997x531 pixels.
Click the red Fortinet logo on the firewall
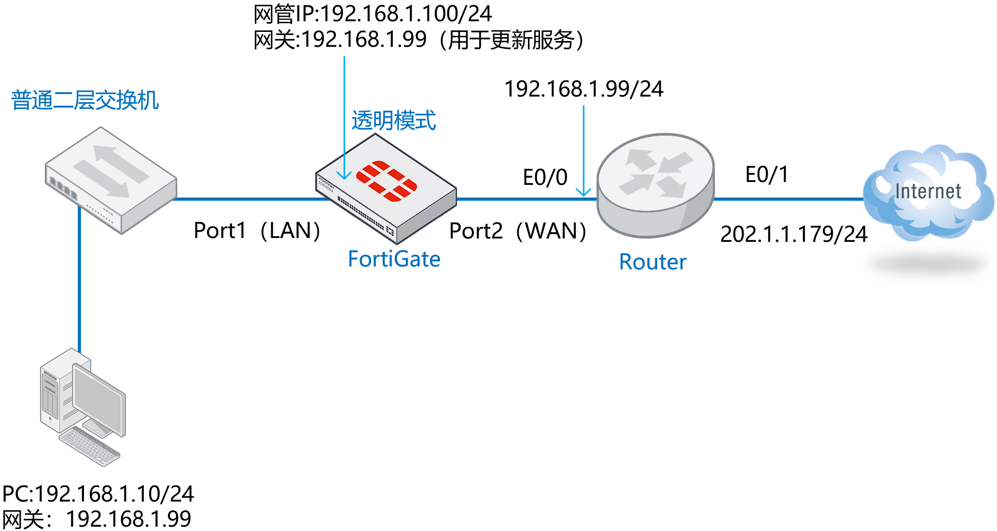point(386,182)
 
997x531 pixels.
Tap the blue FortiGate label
point(394,259)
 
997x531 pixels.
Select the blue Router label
point(652,262)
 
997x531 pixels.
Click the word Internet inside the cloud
point(928,192)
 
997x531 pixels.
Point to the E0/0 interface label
point(545,177)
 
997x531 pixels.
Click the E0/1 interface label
point(766,174)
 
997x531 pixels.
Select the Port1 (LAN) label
point(257,231)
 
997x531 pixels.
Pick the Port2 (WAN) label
point(517,231)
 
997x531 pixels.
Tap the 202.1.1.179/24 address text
point(793,234)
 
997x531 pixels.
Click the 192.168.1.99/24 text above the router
point(583,89)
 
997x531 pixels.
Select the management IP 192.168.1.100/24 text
point(373,14)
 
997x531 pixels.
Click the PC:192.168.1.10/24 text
point(98,494)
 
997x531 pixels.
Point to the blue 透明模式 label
point(393,121)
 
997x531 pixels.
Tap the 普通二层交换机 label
point(85,100)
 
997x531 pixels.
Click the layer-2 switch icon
point(111,179)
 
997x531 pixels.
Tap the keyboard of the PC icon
point(90,447)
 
